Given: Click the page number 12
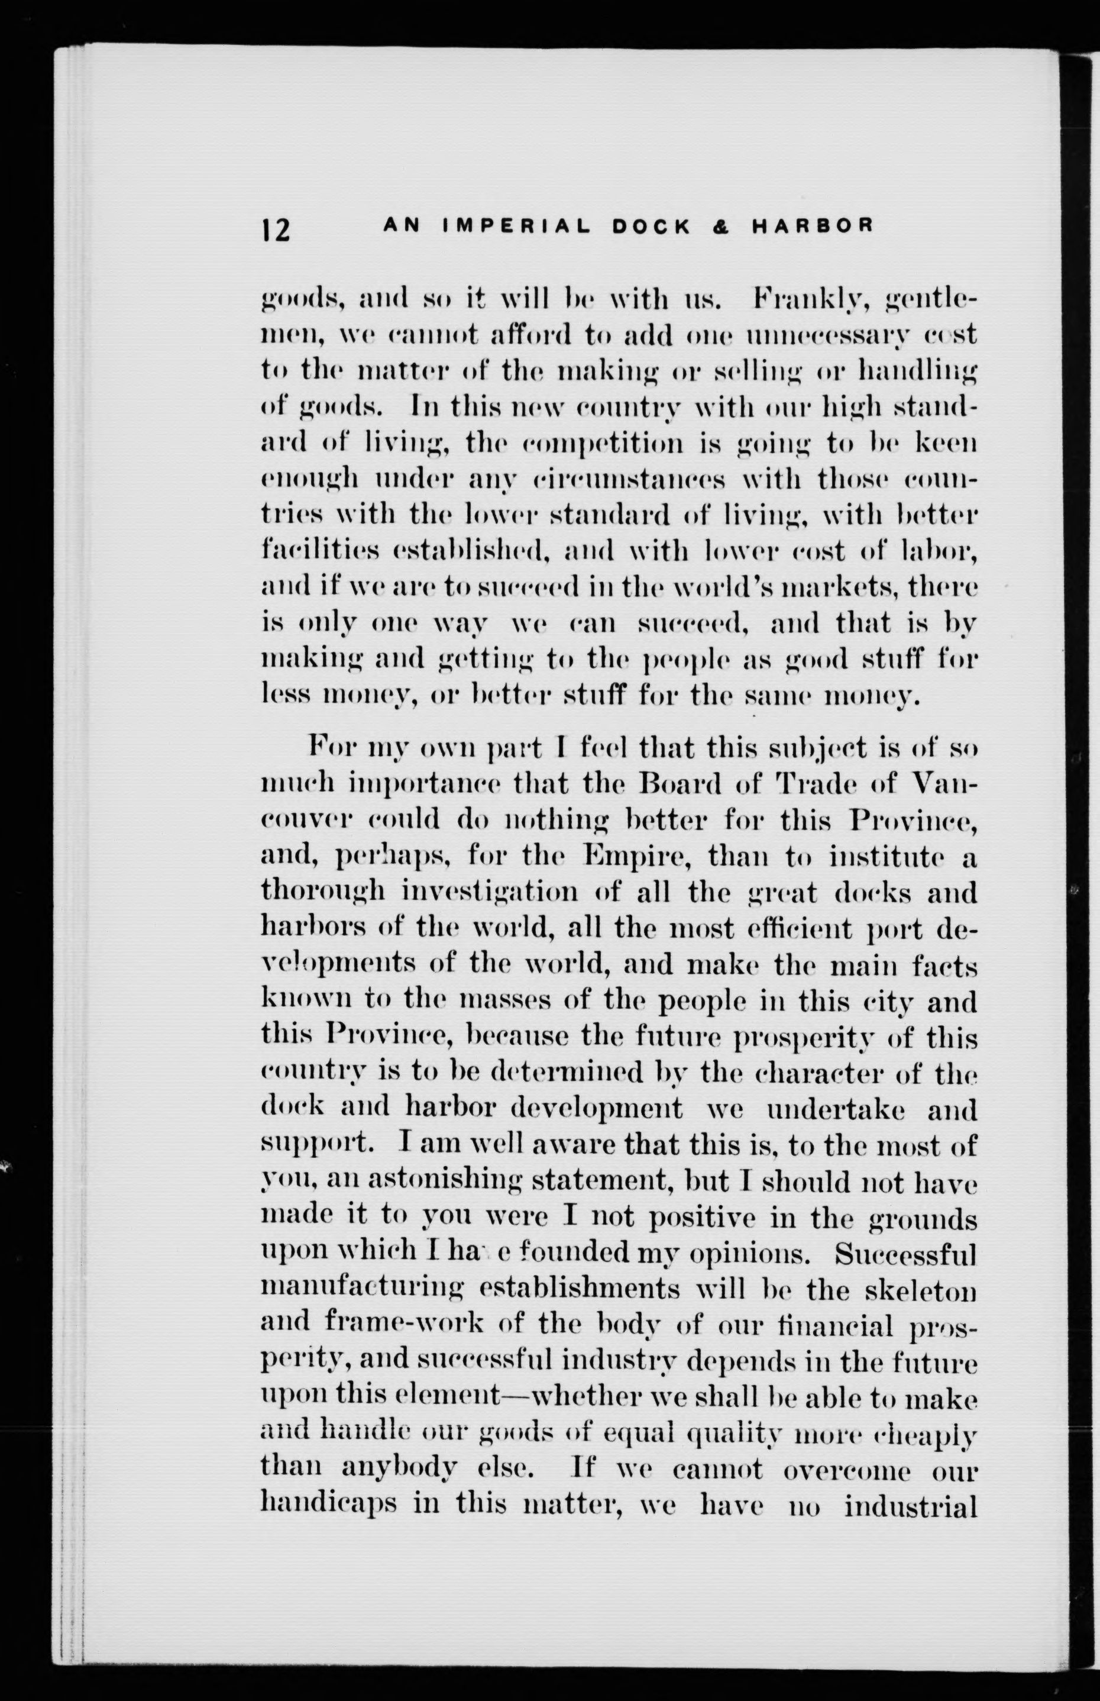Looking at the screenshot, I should tap(275, 230).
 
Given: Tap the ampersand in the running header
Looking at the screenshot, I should tap(722, 227).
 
